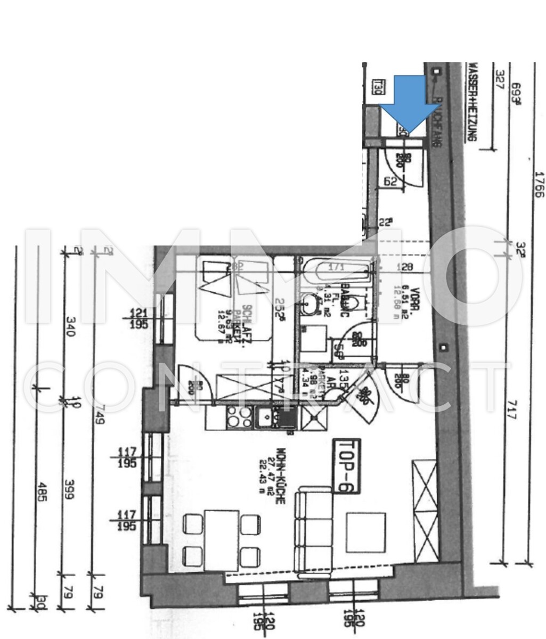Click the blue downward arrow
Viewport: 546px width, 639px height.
point(405,104)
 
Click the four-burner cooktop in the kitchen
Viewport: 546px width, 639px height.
point(239,417)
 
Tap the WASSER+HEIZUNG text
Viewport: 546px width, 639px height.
point(470,101)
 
